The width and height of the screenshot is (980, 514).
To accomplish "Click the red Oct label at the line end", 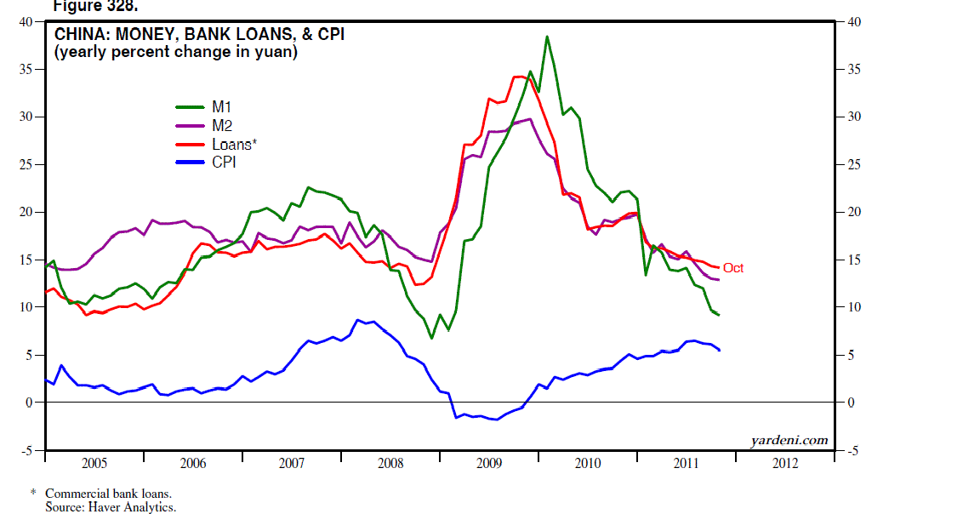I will [x=733, y=268].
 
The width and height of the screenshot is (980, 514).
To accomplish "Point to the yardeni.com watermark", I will [x=789, y=440].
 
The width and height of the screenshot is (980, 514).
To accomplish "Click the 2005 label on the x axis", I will [x=94, y=464].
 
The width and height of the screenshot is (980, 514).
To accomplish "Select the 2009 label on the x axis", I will [x=489, y=464].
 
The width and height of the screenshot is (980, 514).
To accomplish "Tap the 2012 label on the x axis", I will [x=785, y=464].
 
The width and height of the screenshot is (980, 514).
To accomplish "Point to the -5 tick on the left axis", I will [x=26, y=450].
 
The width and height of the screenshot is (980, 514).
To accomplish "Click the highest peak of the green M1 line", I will [x=546, y=37].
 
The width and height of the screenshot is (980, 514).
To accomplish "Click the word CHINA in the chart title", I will [x=77, y=35].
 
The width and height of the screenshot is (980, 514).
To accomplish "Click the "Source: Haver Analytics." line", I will [x=111, y=507].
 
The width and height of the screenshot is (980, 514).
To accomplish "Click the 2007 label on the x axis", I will [x=291, y=464].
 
